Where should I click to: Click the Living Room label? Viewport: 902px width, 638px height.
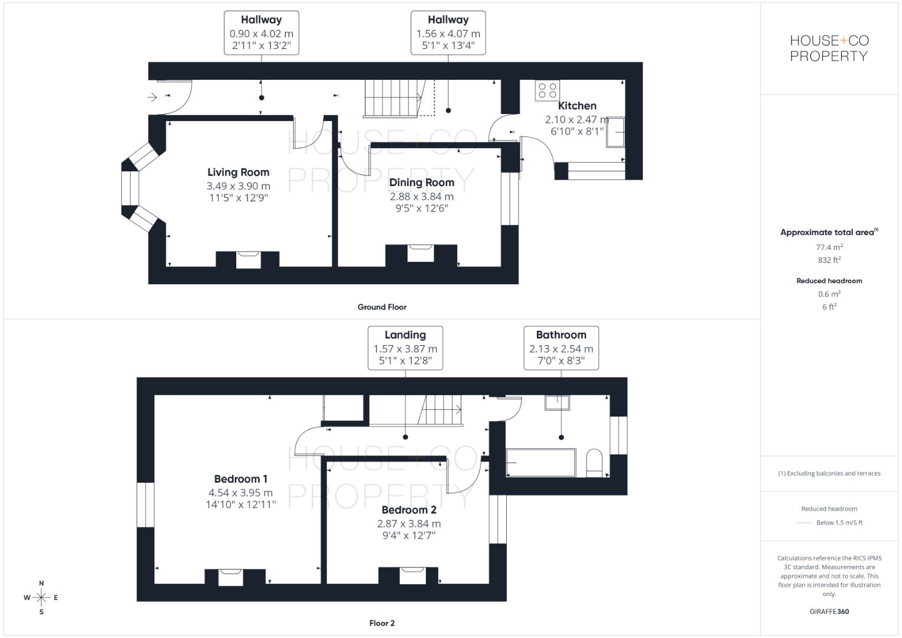239,172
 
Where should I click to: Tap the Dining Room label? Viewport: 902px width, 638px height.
422,183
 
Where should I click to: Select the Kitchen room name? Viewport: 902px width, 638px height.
577,106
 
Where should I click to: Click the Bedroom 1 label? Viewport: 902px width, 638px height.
241,479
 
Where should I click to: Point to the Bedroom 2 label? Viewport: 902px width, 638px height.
409,510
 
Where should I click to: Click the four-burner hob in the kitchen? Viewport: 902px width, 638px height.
547,90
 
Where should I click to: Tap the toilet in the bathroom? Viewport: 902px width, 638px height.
594,463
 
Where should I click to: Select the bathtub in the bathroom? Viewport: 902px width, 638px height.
541,463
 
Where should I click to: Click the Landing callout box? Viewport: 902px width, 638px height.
405,348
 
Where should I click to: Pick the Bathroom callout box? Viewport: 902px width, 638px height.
561,348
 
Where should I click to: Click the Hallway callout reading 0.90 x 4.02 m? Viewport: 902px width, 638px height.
261,32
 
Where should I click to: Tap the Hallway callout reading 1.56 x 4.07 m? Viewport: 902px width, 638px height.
448,32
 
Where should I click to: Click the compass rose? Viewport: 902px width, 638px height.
41,597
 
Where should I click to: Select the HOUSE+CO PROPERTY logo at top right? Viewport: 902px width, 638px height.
829,48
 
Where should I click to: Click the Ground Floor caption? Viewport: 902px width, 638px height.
382,307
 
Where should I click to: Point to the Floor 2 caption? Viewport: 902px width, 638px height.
382,623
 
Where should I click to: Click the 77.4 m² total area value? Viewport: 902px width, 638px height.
829,247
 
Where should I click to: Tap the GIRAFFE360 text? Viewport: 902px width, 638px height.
829,611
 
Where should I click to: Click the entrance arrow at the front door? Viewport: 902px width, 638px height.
152,97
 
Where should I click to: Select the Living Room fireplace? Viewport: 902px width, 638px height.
248,260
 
